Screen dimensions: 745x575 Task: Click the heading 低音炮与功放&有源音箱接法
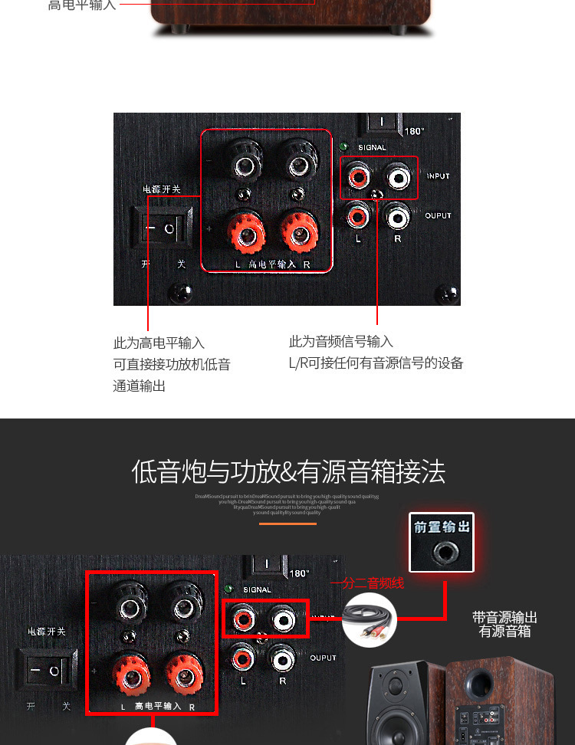(288, 471)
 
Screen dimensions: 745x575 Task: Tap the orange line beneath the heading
(287, 523)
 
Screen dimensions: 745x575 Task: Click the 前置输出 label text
(442, 527)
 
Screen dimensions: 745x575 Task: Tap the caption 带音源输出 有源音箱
(504, 625)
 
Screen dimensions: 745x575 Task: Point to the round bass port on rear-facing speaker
(479, 681)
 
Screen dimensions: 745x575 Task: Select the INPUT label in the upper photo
(439, 176)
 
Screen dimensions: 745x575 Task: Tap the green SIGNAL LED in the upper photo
(344, 147)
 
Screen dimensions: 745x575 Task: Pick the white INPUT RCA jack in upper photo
(398, 178)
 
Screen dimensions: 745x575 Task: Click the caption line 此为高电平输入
(159, 343)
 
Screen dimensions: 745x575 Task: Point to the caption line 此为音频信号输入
(340, 341)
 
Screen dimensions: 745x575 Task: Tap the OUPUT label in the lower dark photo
(324, 658)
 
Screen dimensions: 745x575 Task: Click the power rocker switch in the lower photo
(45, 670)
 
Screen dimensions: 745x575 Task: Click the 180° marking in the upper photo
(414, 131)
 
